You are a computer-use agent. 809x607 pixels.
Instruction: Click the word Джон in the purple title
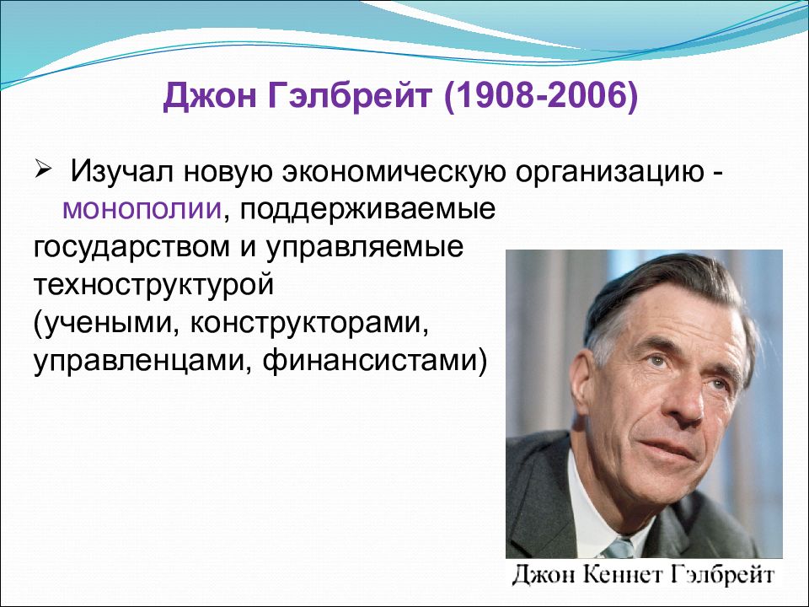click(209, 95)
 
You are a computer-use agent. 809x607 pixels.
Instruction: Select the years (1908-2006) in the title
click(540, 96)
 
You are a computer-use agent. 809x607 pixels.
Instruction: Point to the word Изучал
click(121, 170)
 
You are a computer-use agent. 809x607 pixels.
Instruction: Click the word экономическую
click(394, 172)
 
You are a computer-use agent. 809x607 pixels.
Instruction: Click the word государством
click(131, 248)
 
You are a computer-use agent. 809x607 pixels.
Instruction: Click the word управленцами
click(142, 362)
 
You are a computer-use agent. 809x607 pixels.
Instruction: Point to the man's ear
click(582, 389)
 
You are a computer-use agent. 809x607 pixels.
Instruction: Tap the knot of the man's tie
click(619, 547)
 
